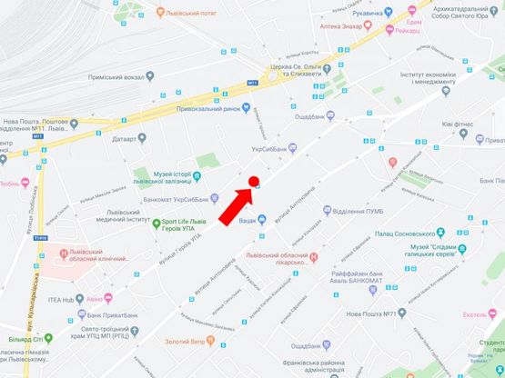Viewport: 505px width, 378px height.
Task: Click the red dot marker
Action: [x=255, y=181]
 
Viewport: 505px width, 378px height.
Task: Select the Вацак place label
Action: [x=240, y=220]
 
